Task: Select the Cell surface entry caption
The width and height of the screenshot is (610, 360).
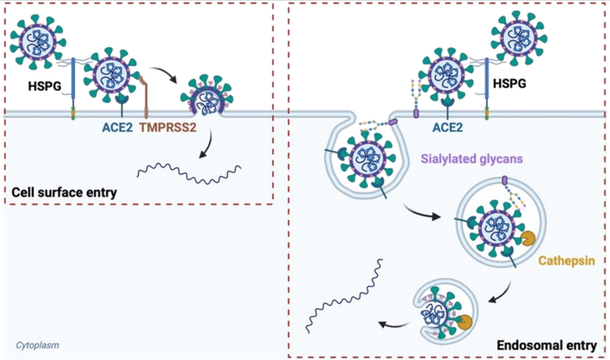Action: (64, 191)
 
